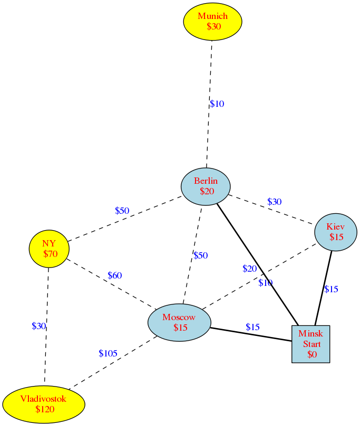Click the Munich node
click(212, 22)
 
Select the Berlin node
click(206, 186)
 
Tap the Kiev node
click(336, 232)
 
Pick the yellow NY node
click(49, 249)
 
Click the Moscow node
click(179, 322)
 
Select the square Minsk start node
click(311, 344)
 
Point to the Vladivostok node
click(44, 404)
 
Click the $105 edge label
click(108, 353)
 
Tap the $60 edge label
click(115, 275)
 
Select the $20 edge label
click(250, 269)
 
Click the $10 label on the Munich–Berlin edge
click(217, 104)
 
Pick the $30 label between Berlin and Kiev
click(275, 202)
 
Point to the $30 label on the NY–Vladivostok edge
click(38, 326)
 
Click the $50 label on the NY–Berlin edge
click(122, 211)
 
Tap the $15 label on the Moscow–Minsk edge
click(252, 327)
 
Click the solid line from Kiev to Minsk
click(323, 288)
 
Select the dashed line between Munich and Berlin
click(209, 104)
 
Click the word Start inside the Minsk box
click(312, 344)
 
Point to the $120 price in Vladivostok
click(45, 409)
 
